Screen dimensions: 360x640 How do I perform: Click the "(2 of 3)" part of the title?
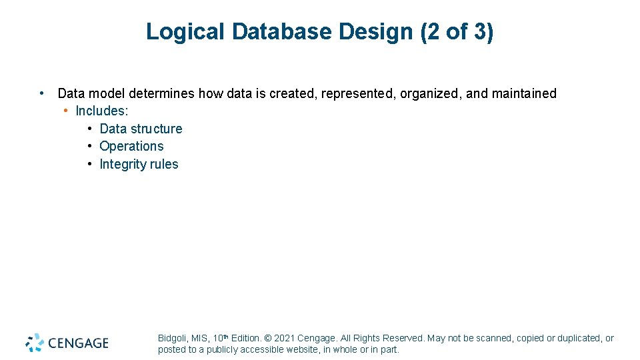click(457, 31)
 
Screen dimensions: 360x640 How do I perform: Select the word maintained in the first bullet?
click(524, 94)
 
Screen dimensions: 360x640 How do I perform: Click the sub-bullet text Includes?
click(102, 111)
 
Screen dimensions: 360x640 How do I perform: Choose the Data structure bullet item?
click(141, 129)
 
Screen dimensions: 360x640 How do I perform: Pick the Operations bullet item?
click(131, 146)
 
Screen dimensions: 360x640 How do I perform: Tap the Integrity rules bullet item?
click(139, 164)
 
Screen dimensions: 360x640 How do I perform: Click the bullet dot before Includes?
click(67, 111)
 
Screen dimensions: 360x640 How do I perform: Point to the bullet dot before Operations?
click(89, 146)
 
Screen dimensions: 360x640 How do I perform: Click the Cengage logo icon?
click(35, 343)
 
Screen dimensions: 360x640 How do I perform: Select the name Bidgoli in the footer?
click(172, 339)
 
